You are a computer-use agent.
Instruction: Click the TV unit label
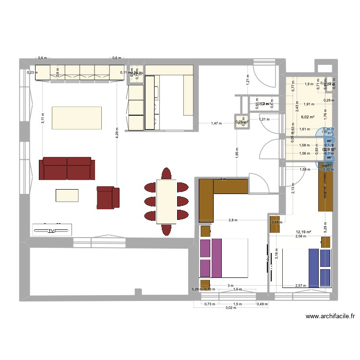coord(51,231)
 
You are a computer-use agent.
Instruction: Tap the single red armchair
coord(107,198)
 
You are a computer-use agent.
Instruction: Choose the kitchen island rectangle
coord(77,118)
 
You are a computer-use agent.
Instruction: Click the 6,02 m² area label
coord(307,116)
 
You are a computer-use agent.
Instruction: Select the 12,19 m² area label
coord(303,232)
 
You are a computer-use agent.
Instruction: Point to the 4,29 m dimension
coord(117,132)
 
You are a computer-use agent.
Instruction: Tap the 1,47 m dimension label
coord(216,124)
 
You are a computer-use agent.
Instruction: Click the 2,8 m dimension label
coord(233,220)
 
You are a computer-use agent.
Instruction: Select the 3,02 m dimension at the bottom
coord(231,309)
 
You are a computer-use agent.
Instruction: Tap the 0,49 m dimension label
coord(262,304)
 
